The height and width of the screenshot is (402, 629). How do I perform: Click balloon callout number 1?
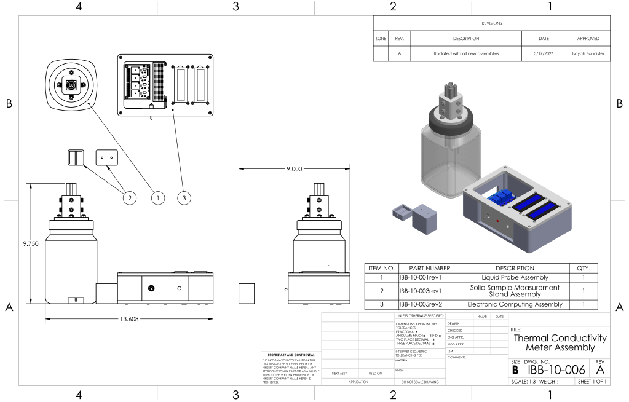[158, 198]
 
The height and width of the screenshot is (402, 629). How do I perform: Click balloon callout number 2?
[129, 198]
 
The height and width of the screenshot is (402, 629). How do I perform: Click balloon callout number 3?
[185, 198]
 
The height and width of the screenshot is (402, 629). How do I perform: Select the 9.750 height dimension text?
[31, 244]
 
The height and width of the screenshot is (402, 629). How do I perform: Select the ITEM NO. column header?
[381, 268]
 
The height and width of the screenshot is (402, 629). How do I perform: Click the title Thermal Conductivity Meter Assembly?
[560, 342]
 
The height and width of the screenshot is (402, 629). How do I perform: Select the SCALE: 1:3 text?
[523, 382]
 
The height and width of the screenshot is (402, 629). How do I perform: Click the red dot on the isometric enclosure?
[497, 221]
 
